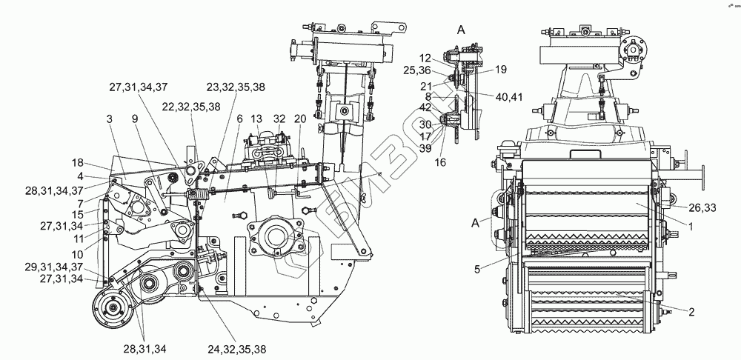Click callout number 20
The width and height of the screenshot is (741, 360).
point(299,119)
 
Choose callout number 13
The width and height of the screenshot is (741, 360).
point(256,119)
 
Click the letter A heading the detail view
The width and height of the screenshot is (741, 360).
point(461,30)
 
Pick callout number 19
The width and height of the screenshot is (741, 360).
point(500,70)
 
